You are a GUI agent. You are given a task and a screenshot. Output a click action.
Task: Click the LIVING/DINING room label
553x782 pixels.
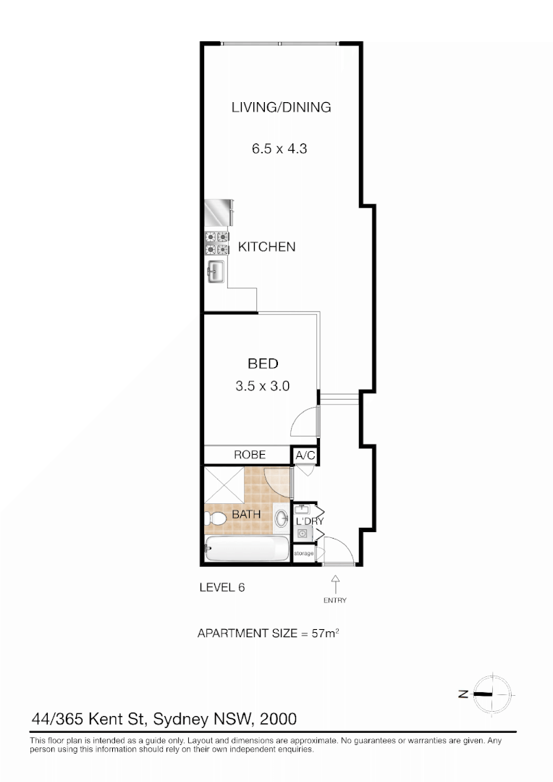[281, 107]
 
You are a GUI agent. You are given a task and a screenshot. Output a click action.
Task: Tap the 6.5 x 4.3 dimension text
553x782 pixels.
[281, 149]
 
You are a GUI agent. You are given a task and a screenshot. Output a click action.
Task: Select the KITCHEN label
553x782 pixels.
[267, 247]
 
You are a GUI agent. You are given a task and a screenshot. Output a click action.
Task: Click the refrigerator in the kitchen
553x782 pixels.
[219, 213]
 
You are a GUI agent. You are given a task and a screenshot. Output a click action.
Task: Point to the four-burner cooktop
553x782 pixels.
[217, 243]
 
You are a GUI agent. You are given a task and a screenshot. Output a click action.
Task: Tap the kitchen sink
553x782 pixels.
[216, 273]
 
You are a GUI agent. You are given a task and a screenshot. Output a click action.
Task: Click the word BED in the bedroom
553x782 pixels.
[263, 364]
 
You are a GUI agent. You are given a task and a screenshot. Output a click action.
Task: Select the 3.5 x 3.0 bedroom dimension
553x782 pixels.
[262, 387]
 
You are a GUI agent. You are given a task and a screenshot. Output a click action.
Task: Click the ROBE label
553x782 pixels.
[249, 455]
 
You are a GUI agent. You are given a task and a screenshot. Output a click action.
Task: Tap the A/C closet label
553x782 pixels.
[304, 456]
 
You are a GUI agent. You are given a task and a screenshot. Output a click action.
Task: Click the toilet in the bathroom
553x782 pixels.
[216, 519]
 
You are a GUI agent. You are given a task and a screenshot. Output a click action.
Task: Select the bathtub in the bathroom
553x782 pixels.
[247, 550]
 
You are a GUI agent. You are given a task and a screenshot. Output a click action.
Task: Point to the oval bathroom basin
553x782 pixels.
[281, 518]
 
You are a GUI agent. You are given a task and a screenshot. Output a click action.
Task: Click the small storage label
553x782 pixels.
[304, 553]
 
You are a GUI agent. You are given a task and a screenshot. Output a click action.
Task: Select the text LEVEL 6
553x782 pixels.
[221, 588]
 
